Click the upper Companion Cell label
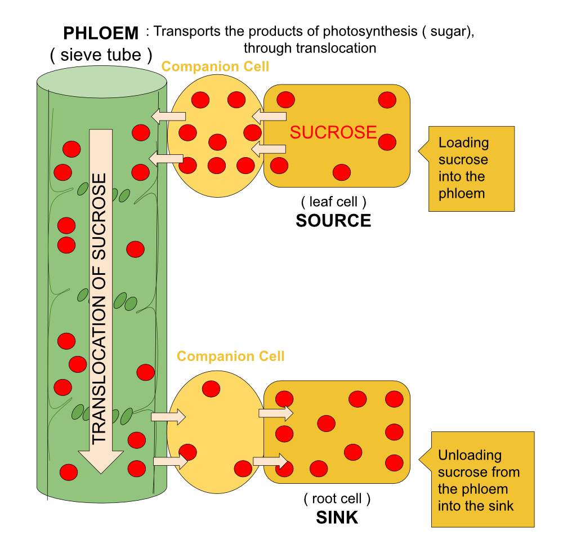215,66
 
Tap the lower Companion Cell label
230,356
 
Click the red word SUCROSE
333,132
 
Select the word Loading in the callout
463,143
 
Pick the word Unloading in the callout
470,455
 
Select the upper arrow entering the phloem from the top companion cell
168,117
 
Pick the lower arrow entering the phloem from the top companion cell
166,159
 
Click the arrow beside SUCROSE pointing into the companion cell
269,117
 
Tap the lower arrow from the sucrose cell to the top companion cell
269,149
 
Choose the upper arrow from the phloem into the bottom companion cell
168,417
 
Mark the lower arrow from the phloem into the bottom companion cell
171,461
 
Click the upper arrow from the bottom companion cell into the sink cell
276,413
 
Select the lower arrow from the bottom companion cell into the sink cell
270,461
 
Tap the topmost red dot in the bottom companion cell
211,389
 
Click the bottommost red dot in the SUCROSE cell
342,172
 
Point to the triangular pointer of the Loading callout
424,151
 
